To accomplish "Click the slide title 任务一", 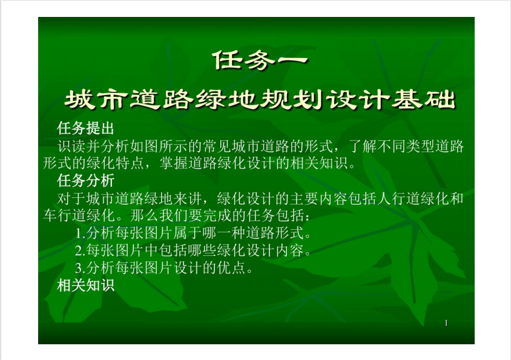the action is (260, 61).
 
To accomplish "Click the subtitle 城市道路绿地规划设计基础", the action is (260, 99).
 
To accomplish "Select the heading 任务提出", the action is (86, 128).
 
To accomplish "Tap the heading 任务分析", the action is (86, 180).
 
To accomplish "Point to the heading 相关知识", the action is (86, 285).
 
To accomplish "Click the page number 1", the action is (446, 323).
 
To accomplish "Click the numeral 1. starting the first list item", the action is (81, 234).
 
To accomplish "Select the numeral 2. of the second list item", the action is (80, 250).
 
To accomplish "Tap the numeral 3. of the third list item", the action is (80, 268).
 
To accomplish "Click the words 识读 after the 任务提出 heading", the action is (71, 146).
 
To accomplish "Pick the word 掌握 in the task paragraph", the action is (173, 163).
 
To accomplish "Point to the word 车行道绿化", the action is (79, 215).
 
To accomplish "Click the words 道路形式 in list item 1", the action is (275, 234).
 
